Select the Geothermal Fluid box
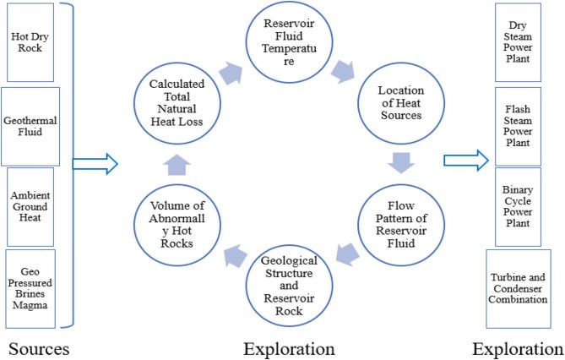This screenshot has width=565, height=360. pos(31,125)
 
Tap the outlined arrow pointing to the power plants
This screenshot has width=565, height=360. pos(464,157)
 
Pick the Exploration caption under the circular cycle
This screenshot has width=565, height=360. pos(288,348)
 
